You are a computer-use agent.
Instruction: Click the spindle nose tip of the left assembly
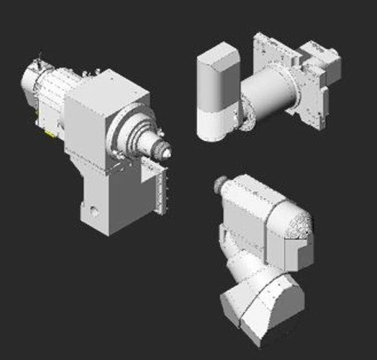tap(165, 150)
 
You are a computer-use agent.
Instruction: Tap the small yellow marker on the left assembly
tap(49, 132)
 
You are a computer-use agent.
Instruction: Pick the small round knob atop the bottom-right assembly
tap(219, 186)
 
